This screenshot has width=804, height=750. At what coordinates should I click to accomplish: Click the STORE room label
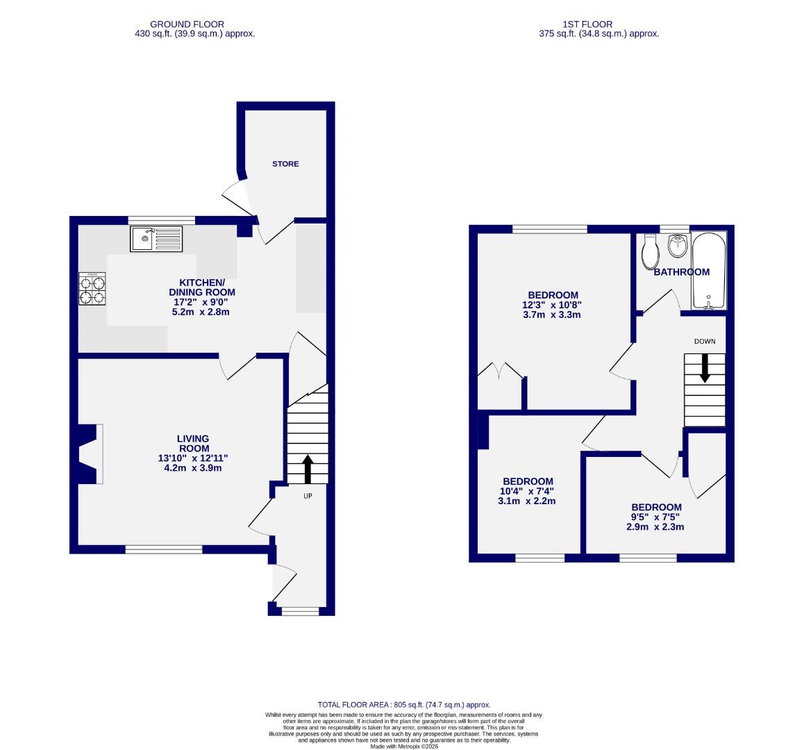pyautogui.click(x=285, y=164)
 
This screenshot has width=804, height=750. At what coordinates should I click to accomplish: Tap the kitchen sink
pyautogui.click(x=156, y=239)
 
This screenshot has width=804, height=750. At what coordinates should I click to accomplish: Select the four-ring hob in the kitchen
pyautogui.click(x=93, y=289)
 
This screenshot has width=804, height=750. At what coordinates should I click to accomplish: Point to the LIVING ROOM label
pyautogui.click(x=192, y=443)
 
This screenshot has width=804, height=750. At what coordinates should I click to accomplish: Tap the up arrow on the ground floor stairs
pyautogui.click(x=308, y=469)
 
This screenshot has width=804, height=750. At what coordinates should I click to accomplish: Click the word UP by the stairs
pyautogui.click(x=308, y=497)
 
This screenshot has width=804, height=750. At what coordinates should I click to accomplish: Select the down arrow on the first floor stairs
pyautogui.click(x=705, y=368)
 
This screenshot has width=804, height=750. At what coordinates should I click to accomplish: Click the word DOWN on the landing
pyautogui.click(x=704, y=341)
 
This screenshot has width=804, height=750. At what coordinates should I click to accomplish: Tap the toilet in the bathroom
pyautogui.click(x=651, y=252)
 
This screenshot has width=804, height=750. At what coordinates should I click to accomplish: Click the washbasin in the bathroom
pyautogui.click(x=678, y=245)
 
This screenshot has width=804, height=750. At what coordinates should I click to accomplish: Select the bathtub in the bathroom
pyautogui.click(x=708, y=271)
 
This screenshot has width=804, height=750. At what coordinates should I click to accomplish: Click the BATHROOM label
pyautogui.click(x=681, y=272)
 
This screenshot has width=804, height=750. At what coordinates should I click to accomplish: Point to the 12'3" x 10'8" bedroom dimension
pyautogui.click(x=551, y=305)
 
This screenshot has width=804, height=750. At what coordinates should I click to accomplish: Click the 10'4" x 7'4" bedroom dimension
pyautogui.click(x=528, y=491)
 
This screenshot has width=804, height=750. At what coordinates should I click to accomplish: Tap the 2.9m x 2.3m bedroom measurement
pyautogui.click(x=655, y=526)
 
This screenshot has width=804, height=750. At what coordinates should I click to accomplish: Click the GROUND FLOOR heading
pyautogui.click(x=187, y=24)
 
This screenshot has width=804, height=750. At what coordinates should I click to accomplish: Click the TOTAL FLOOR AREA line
pyautogui.click(x=404, y=704)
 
